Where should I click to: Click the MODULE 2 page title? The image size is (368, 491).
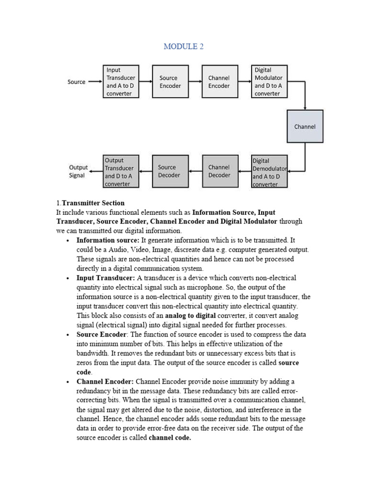pyautogui.click(x=184, y=47)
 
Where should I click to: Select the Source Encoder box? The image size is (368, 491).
pyautogui.click(x=168, y=82)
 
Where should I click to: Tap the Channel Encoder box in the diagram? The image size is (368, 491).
pyautogui.click(x=219, y=82)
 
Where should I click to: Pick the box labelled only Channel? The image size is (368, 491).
pyautogui.click(x=305, y=127)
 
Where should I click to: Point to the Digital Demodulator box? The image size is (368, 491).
pyautogui.click(x=270, y=172)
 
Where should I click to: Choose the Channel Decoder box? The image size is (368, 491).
pyautogui.click(x=219, y=171)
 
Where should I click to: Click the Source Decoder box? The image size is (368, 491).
pyautogui.click(x=169, y=171)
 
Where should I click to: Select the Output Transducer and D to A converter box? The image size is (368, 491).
pyautogui.click(x=121, y=172)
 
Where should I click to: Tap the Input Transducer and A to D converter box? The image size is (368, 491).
pyautogui.click(x=121, y=82)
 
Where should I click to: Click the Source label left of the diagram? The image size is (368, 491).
pyautogui.click(x=77, y=82)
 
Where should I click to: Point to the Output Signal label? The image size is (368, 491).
pyautogui.click(x=78, y=171)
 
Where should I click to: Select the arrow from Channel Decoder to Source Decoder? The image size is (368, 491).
pyautogui.click(x=195, y=171)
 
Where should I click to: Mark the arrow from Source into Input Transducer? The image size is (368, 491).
pyautogui.click(x=95, y=82)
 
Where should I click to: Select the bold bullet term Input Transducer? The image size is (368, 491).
pyautogui.click(x=105, y=278)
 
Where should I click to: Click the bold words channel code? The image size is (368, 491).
pyautogui.click(x=170, y=437)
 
